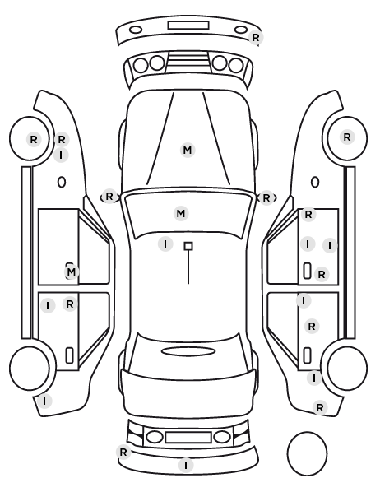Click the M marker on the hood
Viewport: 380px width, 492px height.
[188, 150]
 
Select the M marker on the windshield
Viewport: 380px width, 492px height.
[181, 214]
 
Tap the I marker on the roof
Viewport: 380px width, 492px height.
[165, 244]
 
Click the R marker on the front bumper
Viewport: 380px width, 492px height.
[256, 38]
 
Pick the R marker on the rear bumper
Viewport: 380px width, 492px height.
[123, 453]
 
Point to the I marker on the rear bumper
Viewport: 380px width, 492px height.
[186, 465]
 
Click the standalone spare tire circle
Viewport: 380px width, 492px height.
[307, 453]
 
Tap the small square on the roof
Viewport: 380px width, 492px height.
[188, 246]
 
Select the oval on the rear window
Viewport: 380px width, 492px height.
[188, 351]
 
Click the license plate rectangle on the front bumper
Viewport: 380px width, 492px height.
[188, 26]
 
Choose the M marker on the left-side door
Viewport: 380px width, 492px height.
[72, 272]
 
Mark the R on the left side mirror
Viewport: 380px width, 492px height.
[109, 197]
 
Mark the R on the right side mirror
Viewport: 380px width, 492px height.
[266, 198]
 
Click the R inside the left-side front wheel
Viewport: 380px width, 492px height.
[34, 139]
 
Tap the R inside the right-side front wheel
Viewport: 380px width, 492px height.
[347, 137]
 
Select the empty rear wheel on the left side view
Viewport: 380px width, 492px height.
[30, 368]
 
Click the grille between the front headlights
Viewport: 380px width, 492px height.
[188, 63]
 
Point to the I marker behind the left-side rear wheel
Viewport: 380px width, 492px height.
[44, 401]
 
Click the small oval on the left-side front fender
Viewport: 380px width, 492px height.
[62, 182]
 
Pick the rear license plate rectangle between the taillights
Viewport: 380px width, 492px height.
[188, 438]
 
